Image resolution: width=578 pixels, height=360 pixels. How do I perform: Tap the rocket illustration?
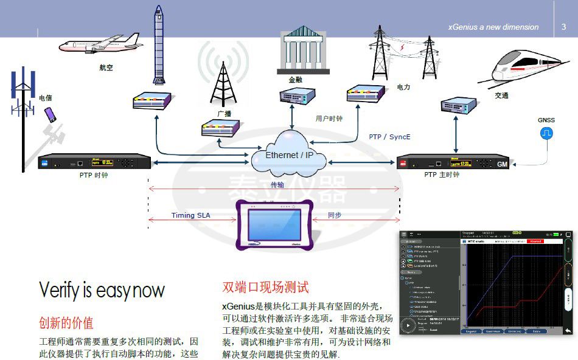coord(159,46)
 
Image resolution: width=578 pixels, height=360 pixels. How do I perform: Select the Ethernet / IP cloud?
coord(289,156)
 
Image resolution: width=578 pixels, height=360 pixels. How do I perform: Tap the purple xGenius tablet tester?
coord(276,223)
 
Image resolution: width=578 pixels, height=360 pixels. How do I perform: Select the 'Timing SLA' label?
coord(191,215)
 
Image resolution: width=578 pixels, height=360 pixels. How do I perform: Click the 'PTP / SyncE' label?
coord(389,137)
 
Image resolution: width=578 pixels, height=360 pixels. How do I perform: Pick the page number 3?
coord(563,27)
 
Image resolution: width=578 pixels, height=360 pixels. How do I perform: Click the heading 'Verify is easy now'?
coord(102,290)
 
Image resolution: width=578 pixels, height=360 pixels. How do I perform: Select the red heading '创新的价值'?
coord(66,322)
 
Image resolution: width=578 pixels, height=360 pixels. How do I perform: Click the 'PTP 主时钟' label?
coord(442,175)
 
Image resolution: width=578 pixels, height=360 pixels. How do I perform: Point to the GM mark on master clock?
coord(502,165)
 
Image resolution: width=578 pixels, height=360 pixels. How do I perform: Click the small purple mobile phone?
coord(49,114)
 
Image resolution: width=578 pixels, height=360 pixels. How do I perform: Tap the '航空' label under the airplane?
coord(106,67)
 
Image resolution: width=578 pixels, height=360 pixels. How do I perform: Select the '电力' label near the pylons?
coord(403,87)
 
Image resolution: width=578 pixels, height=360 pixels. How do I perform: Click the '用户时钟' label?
coord(329,119)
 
